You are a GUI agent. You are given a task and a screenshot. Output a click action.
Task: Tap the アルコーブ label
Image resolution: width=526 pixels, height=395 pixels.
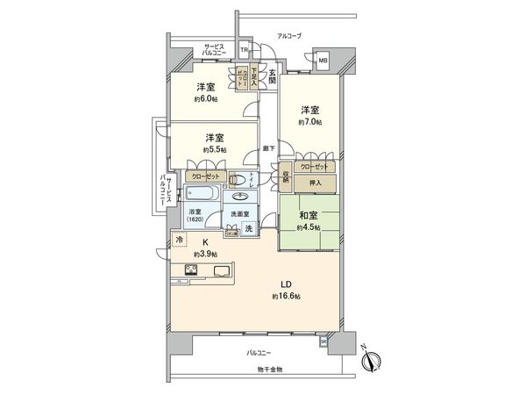coord(288,36)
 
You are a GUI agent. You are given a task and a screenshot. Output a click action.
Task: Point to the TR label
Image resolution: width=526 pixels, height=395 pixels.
coord(245,50)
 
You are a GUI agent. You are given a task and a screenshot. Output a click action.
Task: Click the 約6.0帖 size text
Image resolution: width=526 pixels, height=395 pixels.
coord(207,99)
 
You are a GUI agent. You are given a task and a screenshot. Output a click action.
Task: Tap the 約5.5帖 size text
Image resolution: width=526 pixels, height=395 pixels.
coord(215,150)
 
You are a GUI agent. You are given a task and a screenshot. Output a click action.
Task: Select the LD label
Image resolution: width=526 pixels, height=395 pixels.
coord(286,284)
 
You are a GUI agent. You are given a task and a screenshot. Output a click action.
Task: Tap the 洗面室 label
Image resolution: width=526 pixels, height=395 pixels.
coord(240,214)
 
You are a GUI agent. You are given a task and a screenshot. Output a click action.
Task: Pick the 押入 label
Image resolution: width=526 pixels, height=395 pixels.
coord(316,183)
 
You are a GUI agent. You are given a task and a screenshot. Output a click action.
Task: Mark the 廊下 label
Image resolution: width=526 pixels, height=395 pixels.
coord(269,147)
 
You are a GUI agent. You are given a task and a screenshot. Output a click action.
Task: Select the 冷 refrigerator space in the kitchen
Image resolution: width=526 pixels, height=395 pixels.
coord(179,240)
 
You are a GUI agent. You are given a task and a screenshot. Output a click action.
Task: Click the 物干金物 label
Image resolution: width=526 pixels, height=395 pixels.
coord(270,369)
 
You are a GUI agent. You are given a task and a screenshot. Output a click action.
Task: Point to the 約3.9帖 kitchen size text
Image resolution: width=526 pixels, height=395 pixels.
coord(207,254)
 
